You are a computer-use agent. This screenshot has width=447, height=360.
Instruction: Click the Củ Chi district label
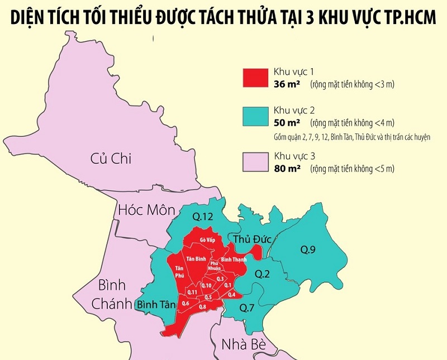[x=111, y=159]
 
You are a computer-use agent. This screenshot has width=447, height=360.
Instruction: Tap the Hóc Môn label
[x=146, y=210]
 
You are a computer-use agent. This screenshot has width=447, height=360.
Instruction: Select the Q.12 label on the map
[x=202, y=216]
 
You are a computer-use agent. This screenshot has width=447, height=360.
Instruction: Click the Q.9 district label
[x=307, y=250]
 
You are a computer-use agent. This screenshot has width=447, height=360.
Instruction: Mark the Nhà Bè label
[x=242, y=343]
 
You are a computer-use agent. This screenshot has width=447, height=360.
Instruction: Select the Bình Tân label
[x=156, y=305]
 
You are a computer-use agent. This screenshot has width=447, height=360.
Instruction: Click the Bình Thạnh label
[x=235, y=260]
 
